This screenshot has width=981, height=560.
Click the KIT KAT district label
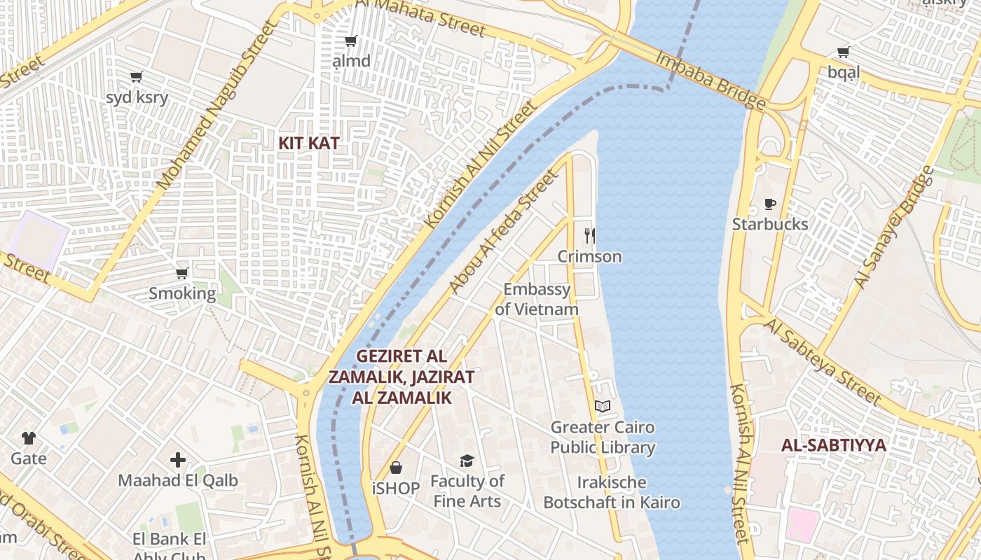[x=309, y=143]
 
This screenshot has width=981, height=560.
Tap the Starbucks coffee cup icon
[x=770, y=204]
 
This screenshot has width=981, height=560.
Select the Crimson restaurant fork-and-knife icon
[x=589, y=236]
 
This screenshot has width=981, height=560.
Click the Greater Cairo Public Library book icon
[x=602, y=406]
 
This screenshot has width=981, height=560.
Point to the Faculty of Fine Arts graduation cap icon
[x=467, y=461]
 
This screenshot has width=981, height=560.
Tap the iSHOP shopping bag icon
[x=396, y=467]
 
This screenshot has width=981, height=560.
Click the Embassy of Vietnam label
[x=537, y=299]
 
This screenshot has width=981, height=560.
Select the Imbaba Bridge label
[x=710, y=80]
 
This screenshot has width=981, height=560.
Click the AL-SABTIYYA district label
[x=834, y=445]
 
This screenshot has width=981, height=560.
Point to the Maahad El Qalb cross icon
[x=178, y=460]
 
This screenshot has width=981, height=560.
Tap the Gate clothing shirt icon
[x=29, y=438]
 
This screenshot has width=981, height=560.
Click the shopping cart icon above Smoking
[x=182, y=273]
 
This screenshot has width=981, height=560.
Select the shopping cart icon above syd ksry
[x=137, y=76]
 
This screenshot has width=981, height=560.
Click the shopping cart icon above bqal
[x=843, y=52]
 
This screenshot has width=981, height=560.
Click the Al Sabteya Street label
[x=821, y=361]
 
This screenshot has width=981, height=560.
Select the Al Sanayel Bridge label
[x=894, y=227]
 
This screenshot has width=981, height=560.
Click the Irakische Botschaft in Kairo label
[x=612, y=492]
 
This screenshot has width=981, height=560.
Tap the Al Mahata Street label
[x=420, y=17]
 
